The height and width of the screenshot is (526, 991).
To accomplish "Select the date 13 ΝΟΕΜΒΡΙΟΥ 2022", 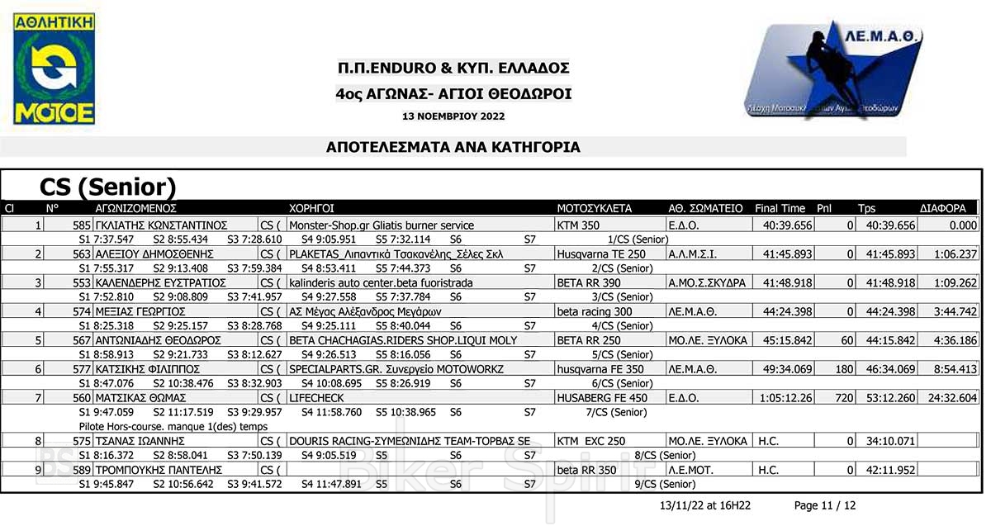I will tap(453, 116).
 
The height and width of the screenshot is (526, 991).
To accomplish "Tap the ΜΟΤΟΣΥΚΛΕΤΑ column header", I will tap(595, 209).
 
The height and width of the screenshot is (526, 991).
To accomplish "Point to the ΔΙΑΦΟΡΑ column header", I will tap(942, 209).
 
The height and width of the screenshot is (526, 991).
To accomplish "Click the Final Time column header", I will tap(780, 209).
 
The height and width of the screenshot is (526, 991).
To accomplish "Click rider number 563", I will tap(82, 254).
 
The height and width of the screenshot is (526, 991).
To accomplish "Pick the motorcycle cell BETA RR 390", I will tap(586, 282).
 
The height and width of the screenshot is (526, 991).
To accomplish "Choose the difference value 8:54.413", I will tap(955, 369).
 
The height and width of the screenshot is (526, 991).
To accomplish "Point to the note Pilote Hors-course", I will tap(173, 426).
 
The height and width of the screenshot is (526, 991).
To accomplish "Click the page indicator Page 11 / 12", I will tap(824, 505).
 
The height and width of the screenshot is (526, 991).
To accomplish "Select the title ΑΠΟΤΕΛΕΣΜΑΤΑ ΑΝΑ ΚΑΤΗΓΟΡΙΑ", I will tap(453, 148).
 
